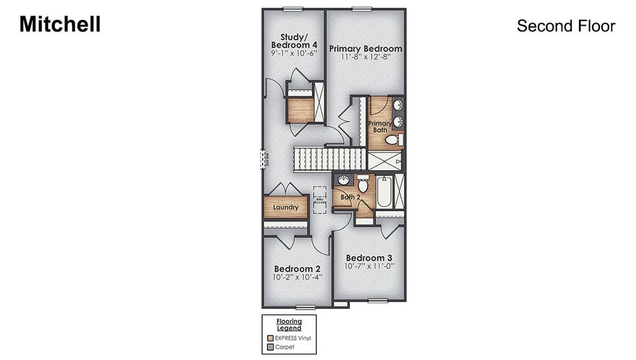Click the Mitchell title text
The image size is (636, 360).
(x=60, y=25)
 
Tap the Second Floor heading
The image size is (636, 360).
(x=566, y=26)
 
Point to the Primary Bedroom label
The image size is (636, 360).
(x=365, y=49)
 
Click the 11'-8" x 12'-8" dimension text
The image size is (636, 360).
(x=365, y=58)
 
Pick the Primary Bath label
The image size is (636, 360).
(x=380, y=126)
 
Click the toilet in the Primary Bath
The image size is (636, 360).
(x=393, y=140)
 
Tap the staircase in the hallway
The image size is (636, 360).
(x=329, y=159)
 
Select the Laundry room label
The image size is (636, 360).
(x=286, y=208)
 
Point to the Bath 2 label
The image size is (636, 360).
(x=350, y=197)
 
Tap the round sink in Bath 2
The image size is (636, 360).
(x=344, y=181)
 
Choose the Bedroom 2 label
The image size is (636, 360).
(x=297, y=269)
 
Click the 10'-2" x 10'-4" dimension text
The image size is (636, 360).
(x=297, y=278)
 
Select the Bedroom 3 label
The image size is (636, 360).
(x=369, y=258)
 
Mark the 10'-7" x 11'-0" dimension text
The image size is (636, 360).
(x=369, y=266)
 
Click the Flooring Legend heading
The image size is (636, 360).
(x=289, y=325)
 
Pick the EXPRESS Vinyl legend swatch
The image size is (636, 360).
(x=270, y=338)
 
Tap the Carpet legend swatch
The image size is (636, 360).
(x=270, y=347)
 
